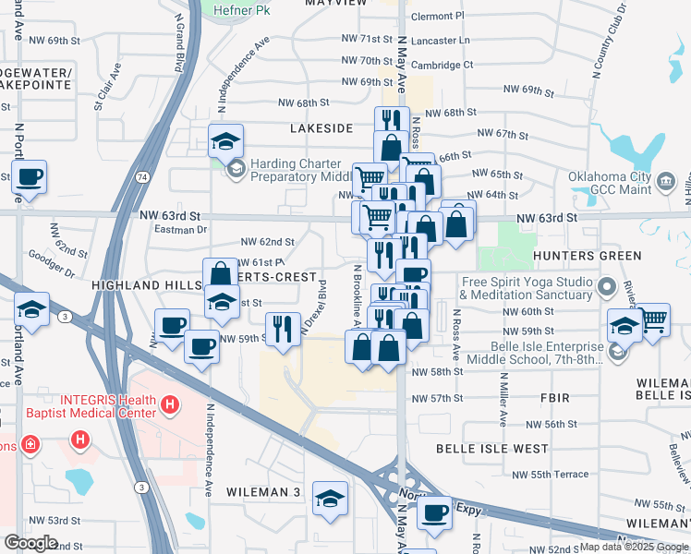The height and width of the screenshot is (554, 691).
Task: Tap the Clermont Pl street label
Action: pos(437,16)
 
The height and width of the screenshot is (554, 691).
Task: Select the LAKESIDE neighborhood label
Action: pos(321,127)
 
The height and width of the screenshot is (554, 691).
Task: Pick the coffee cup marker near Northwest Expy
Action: pos(433,513)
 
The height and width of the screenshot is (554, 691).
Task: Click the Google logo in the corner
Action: pos(30,542)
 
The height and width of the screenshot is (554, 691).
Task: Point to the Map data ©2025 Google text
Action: pos(634,547)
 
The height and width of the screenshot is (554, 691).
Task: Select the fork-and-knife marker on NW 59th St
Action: pos(283,329)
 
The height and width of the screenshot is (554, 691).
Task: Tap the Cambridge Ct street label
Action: pos(442,65)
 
